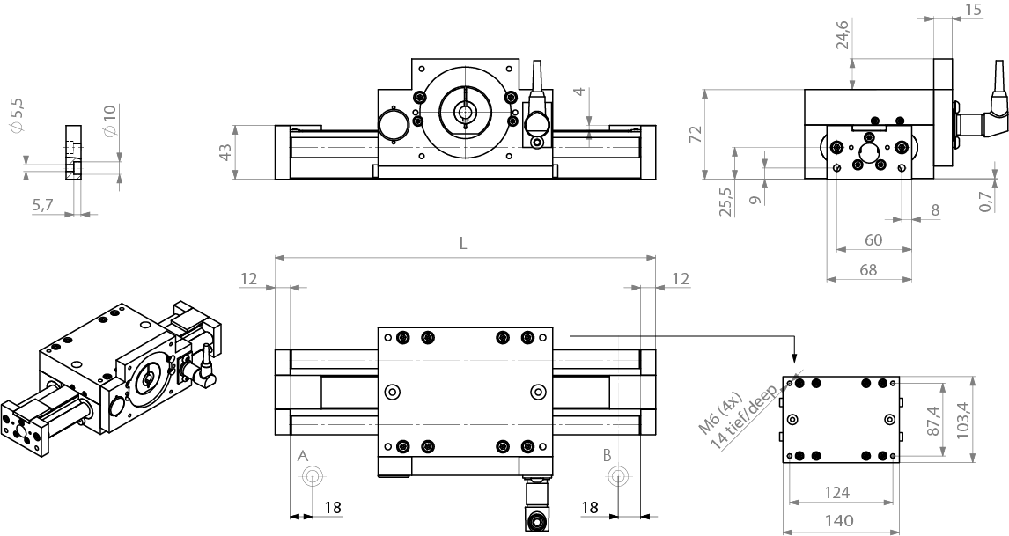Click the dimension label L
(x=463, y=244)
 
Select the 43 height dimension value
(x=225, y=151)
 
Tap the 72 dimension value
(x=695, y=134)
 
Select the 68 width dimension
(x=867, y=270)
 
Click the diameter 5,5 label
(x=16, y=115)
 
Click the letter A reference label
(x=302, y=455)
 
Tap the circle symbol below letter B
(x=619, y=476)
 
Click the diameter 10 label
(x=109, y=120)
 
